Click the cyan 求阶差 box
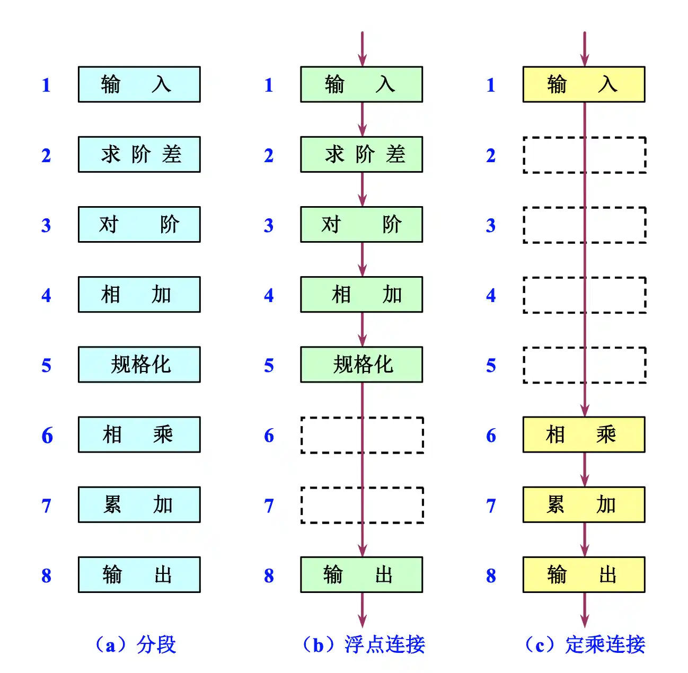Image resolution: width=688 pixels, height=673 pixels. [139, 154]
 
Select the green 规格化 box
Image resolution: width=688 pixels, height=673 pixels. [361, 365]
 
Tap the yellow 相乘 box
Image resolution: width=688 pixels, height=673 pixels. [584, 435]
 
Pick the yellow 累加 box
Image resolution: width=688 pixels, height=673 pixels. [584, 504]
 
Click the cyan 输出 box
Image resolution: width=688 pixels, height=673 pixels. [139, 574]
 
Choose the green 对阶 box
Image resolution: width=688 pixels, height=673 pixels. [361, 225]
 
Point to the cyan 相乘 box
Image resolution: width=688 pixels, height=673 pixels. [139, 435]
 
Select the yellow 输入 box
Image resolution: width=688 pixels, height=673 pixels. [584, 84]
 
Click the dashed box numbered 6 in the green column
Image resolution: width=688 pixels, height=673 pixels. [302, 435]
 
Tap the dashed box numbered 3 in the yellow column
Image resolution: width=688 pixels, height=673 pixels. [524, 225]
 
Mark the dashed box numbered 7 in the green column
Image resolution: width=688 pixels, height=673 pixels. [302, 505]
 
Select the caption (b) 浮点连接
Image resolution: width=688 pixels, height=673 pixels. [364, 644]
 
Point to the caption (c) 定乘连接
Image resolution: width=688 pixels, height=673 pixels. [585, 644]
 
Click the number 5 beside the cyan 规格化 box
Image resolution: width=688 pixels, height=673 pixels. [46, 366]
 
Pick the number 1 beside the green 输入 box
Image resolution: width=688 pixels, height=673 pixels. [269, 85]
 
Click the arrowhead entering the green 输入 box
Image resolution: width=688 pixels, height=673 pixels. [362, 60]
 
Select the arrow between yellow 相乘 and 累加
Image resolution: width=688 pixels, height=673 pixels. [585, 470]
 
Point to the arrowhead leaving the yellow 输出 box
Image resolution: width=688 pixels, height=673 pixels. [585, 621]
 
